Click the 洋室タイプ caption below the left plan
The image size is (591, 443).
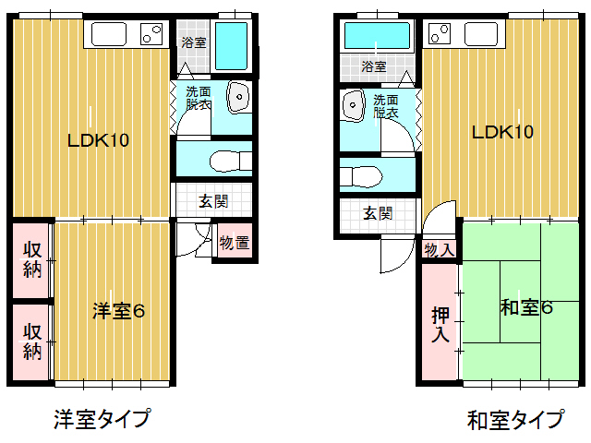(x=103, y=419)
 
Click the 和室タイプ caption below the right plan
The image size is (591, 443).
(x=516, y=420)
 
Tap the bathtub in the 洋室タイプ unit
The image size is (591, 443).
(x=231, y=46)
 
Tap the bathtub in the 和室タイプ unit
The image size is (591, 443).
(x=377, y=35)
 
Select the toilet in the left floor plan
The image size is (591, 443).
(x=230, y=162)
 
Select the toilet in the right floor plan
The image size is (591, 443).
(x=361, y=176)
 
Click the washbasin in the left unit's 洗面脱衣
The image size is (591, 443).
(x=238, y=97)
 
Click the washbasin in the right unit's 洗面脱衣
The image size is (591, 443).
(x=353, y=105)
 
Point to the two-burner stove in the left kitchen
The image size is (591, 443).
(x=151, y=34)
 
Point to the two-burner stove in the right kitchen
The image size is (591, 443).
(x=440, y=33)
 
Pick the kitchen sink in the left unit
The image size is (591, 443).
(x=109, y=34)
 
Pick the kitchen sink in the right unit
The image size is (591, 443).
(x=481, y=34)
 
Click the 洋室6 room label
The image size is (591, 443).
(x=119, y=311)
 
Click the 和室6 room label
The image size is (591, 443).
(x=526, y=307)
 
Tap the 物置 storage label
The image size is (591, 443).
(x=235, y=242)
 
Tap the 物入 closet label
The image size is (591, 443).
(x=440, y=249)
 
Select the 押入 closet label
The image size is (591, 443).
(x=440, y=325)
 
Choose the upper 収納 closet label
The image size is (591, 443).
(x=32, y=260)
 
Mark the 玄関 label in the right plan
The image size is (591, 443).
(x=378, y=213)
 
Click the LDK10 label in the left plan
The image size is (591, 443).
(x=98, y=140)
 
